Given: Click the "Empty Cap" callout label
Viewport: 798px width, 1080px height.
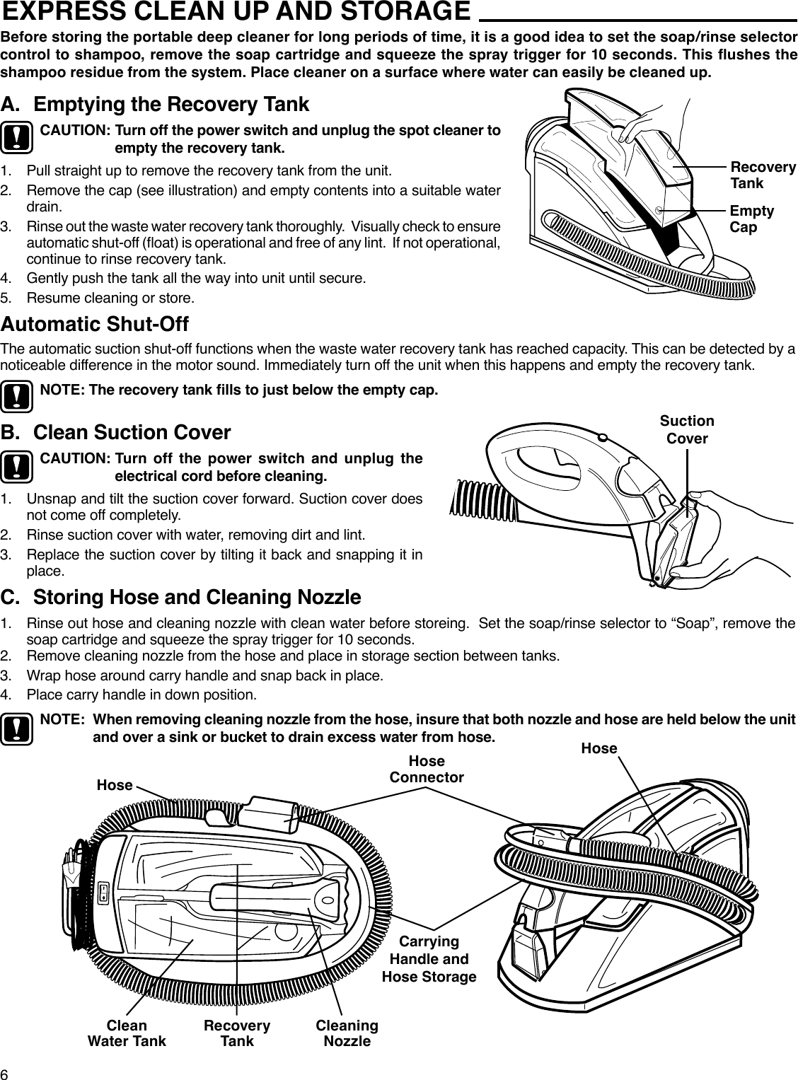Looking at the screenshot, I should tap(751, 219).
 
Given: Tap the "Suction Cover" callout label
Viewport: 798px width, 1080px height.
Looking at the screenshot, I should tap(687, 429).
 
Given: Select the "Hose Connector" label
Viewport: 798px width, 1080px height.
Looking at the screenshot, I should tap(427, 769).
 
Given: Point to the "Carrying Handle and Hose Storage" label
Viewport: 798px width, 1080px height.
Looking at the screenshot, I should tap(429, 959).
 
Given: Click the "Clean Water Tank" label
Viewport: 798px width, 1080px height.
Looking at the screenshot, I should tap(126, 1033).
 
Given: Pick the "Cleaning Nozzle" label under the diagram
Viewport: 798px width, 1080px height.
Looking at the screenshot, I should tap(347, 1033).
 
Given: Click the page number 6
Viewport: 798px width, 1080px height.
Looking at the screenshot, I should tap(6, 1072).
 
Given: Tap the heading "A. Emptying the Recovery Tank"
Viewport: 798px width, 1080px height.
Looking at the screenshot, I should tap(155, 105).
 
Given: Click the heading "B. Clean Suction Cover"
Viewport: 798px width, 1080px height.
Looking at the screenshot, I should tap(116, 432).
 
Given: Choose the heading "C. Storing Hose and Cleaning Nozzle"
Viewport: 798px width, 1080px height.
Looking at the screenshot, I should tap(181, 598).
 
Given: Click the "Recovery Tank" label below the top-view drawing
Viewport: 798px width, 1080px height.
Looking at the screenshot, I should tap(237, 1033).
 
